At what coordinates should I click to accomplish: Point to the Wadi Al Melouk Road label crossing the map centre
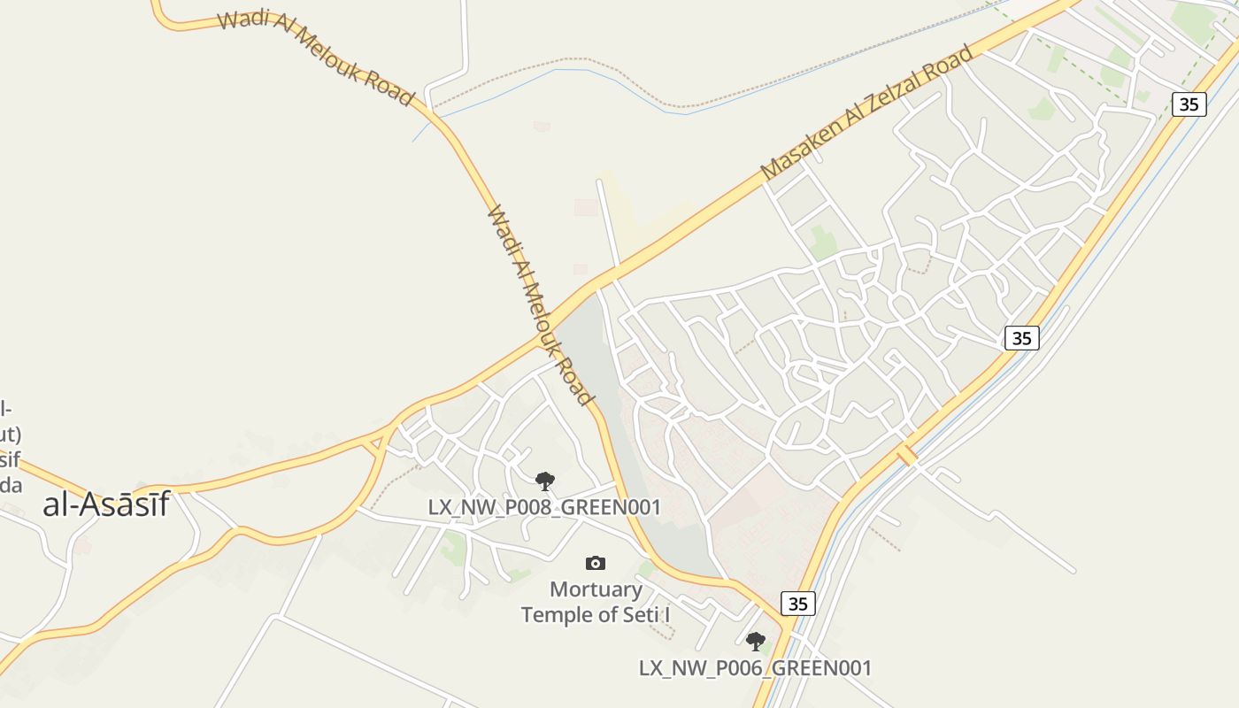tap(539, 305)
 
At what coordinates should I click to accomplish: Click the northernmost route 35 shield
tap(1189, 104)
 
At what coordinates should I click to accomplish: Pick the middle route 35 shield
tap(1021, 338)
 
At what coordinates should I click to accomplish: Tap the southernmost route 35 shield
tap(797, 604)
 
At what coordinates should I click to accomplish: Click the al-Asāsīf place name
tap(106, 504)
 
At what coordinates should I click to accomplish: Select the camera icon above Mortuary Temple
tap(596, 563)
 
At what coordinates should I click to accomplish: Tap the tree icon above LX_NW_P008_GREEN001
tap(545, 481)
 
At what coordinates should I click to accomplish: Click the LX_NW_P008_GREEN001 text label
tap(544, 507)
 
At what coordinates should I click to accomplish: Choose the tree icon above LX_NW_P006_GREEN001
tap(755, 642)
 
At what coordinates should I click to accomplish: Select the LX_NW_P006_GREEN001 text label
tap(755, 668)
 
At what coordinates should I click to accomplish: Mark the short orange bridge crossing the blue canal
tap(906, 455)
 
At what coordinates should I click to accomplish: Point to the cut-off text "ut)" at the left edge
tap(10, 435)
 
